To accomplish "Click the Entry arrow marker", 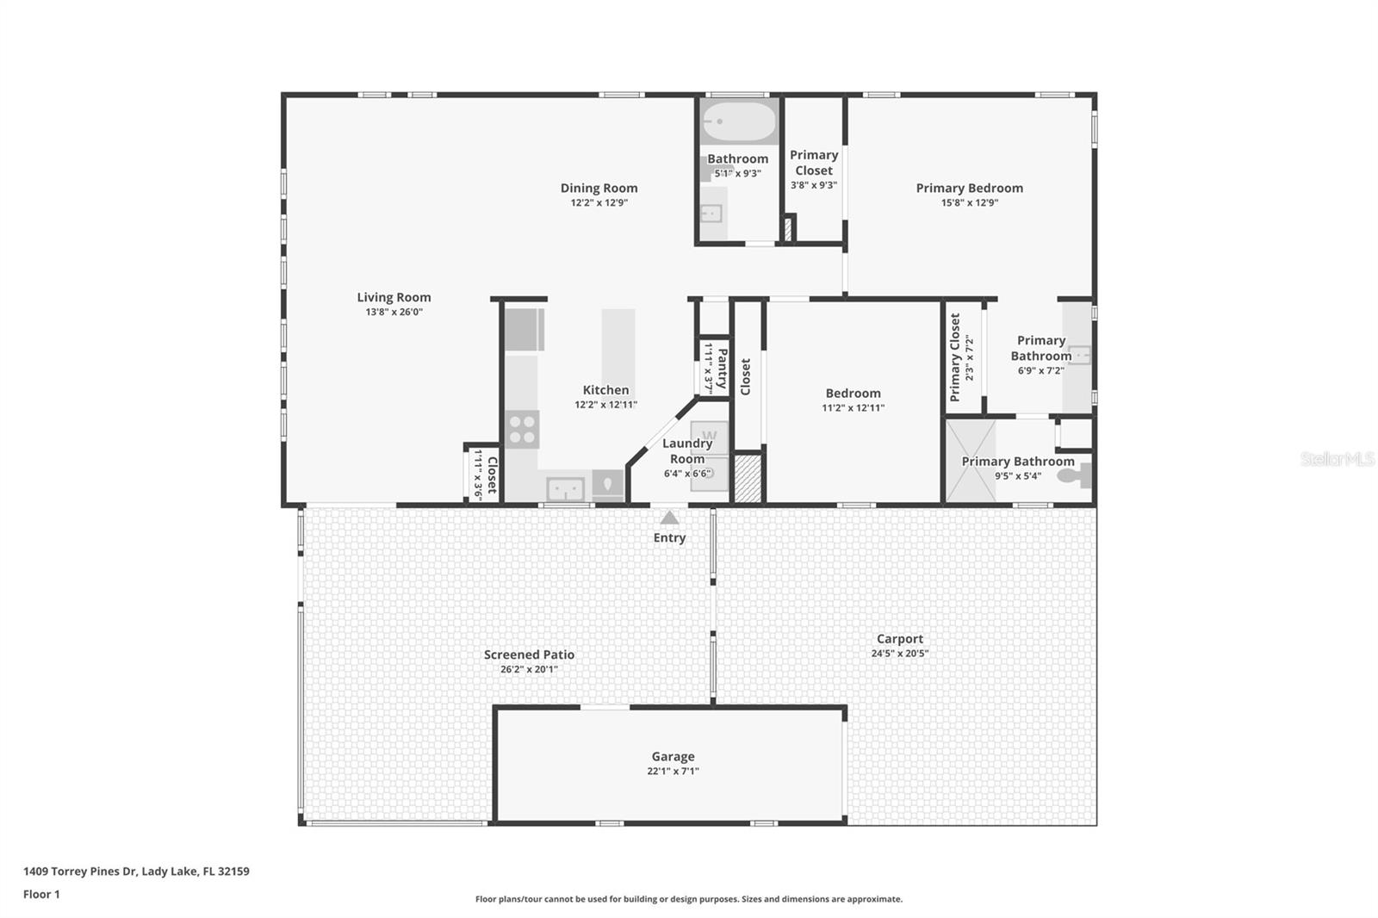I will (669, 518).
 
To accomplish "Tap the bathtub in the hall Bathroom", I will (738, 122).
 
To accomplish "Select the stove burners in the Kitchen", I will (522, 429).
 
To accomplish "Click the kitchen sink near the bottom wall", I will (565, 489).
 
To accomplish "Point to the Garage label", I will (673, 756).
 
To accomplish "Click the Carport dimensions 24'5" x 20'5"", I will (899, 654).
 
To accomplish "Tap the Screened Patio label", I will (529, 654).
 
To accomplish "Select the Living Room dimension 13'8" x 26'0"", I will (394, 313).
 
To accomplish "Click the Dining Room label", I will (599, 188).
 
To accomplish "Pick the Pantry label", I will (722, 369).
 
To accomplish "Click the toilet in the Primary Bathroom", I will (1081, 475).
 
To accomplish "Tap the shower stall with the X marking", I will (971, 461).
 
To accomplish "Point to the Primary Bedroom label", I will (969, 188).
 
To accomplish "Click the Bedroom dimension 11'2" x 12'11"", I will (853, 408).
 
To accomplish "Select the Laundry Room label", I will (686, 450).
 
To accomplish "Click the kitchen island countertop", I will (618, 340).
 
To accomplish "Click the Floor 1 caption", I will (41, 894).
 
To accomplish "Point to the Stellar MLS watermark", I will (1337, 459).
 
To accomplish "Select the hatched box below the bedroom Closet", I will (748, 478).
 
